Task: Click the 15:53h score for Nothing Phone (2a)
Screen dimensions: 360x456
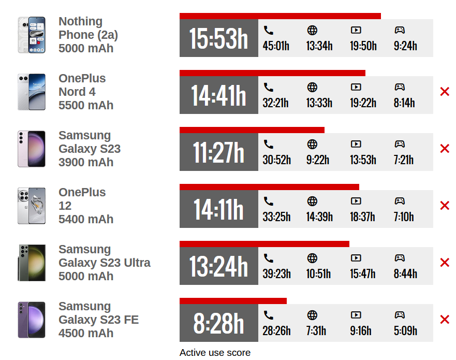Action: (218, 38)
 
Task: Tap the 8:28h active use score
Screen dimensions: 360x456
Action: (218, 323)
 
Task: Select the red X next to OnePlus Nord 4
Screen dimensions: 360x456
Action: (444, 92)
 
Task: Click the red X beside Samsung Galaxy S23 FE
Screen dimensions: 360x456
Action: (444, 320)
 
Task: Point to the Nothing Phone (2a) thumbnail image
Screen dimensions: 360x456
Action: (32, 35)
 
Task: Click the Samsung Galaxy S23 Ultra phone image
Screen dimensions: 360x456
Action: (32, 263)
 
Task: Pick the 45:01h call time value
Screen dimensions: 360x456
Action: (276, 46)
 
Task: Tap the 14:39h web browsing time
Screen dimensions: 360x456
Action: (319, 217)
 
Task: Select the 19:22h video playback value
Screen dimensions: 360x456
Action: (363, 103)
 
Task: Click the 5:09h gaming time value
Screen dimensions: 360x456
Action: (405, 331)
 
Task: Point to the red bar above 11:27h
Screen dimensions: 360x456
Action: (252, 130)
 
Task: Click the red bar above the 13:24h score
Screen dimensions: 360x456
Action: (264, 244)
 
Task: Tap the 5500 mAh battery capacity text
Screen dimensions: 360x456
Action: (86, 105)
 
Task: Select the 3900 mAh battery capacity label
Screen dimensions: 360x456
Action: (86, 162)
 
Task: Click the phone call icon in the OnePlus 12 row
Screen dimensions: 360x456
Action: (268, 201)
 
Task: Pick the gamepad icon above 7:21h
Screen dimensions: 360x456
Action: (400, 144)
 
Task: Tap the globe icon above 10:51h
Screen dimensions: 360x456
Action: (312, 258)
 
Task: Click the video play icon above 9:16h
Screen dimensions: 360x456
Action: (356, 315)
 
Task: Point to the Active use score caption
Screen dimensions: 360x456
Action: (215, 353)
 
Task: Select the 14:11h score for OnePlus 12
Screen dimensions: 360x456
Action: (218, 209)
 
